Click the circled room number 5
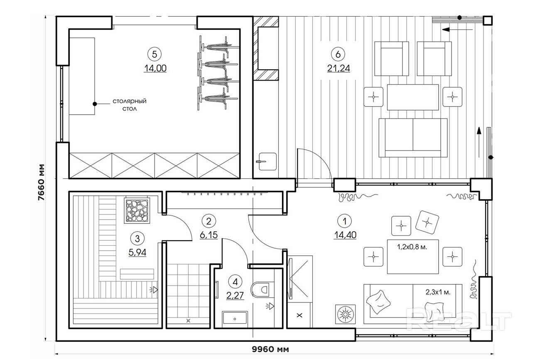click(155, 54)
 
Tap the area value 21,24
click(338, 69)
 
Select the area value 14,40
click(345, 235)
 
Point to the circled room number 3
click(137, 239)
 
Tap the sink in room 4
click(235, 317)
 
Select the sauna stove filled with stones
click(137, 210)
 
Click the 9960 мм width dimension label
click(270, 349)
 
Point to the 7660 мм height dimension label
click(41, 182)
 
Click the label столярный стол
click(130, 105)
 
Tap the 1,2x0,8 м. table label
click(412, 247)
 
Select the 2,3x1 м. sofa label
click(438, 292)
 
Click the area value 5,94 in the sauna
click(137, 253)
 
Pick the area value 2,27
click(235, 295)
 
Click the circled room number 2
click(209, 221)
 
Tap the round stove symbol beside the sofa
click(346, 314)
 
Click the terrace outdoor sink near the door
click(268, 161)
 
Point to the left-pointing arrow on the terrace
click(457, 30)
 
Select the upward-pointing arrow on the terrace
click(479, 142)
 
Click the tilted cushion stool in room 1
click(427, 222)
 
